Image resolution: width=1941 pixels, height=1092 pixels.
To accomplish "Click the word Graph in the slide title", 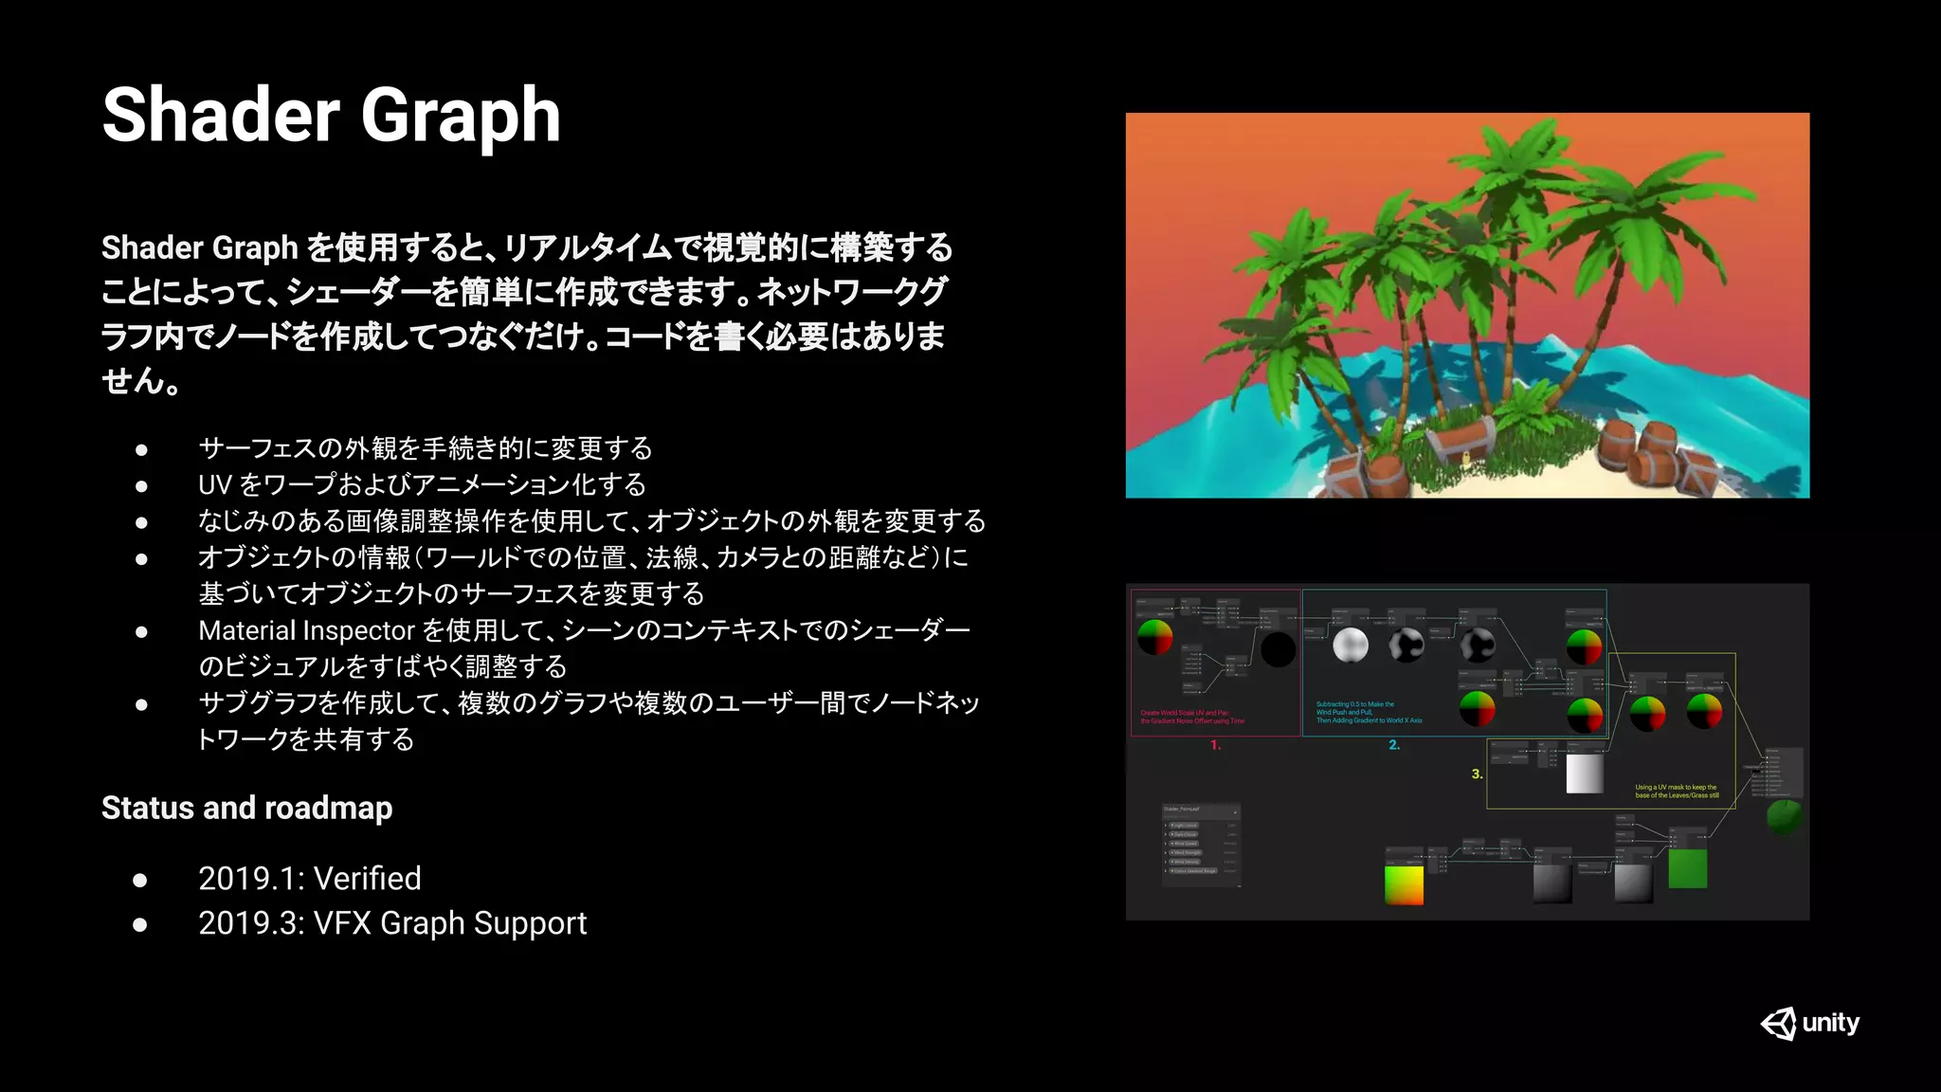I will (x=461, y=116).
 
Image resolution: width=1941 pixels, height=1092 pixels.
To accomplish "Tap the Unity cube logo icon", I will (x=1778, y=1024).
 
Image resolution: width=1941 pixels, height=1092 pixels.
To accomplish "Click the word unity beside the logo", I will (x=1831, y=1023).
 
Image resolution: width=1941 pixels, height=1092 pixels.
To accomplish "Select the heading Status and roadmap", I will (x=246, y=808).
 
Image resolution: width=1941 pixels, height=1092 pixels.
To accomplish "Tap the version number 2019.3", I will (x=248, y=923).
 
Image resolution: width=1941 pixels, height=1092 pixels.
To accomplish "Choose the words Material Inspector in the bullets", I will (x=306, y=630).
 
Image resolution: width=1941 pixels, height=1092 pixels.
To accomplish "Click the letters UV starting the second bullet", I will (x=214, y=485).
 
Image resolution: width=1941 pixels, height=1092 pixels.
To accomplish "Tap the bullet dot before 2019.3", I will (x=140, y=924).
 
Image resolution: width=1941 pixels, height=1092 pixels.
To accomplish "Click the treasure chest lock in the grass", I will (x=1466, y=460).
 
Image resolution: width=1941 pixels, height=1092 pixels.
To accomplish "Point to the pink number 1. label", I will (x=1215, y=746).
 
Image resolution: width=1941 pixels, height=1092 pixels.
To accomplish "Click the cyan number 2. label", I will (x=1394, y=746).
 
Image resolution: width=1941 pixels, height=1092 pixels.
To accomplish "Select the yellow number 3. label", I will (x=1477, y=774).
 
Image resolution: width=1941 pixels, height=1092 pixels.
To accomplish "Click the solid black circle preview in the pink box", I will (x=1278, y=649).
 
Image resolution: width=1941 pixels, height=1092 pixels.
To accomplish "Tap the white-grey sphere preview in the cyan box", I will (x=1351, y=646).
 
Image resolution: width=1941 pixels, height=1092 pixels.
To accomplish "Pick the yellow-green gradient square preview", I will (x=1404, y=885).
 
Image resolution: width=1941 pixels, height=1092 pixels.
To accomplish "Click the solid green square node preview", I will (x=1687, y=868).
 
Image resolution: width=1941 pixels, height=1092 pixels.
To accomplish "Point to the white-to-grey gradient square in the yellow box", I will (x=1585, y=773).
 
